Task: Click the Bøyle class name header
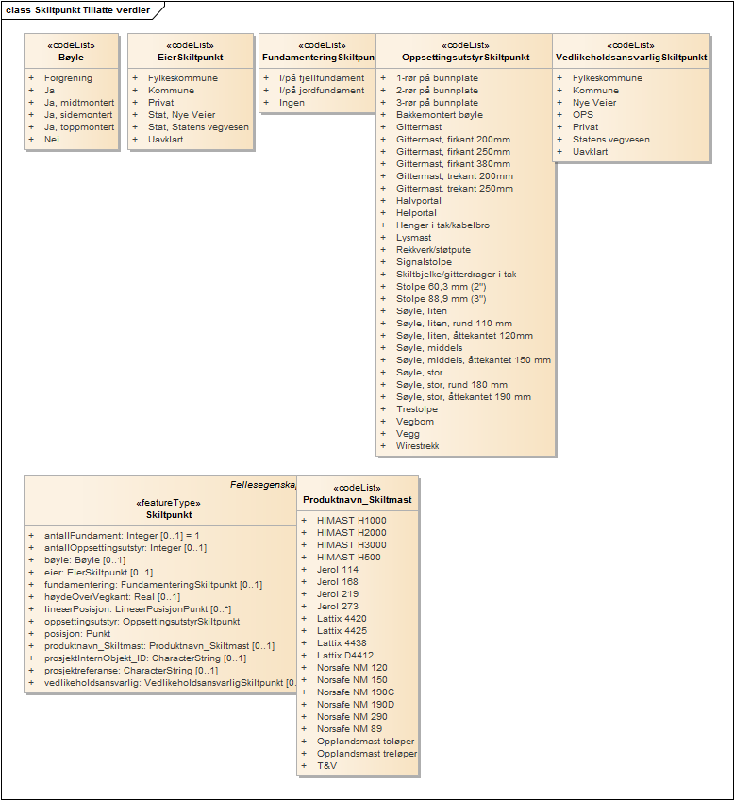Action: coord(71,58)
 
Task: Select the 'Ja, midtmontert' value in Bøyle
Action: coord(79,103)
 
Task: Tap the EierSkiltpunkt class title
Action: coord(190,58)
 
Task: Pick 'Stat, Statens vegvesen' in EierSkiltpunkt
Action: coord(197,127)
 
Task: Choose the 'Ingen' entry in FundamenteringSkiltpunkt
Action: coord(292,103)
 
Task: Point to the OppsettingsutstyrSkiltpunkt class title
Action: coord(465,58)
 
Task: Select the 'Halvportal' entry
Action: coord(419,201)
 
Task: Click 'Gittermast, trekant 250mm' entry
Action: coord(455,189)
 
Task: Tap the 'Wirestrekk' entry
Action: coord(417,446)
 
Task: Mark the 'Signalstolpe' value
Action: coord(424,262)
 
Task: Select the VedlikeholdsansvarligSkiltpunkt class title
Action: coord(631,58)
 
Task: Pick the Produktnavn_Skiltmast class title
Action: coord(357,500)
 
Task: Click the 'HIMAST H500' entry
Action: coord(349,558)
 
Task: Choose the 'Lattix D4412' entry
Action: coord(345,656)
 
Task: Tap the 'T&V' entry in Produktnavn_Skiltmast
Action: coord(326,766)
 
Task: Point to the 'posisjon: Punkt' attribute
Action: coord(85,634)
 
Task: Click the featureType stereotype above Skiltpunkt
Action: coord(169,503)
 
